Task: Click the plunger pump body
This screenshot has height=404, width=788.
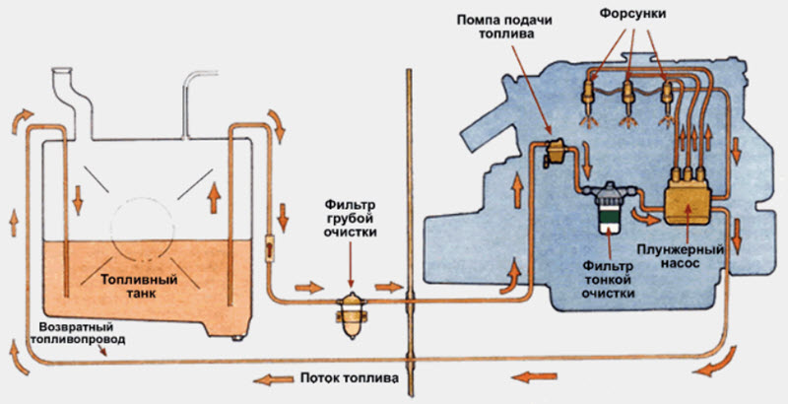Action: click(690, 198)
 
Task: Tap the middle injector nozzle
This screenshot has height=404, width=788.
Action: click(630, 101)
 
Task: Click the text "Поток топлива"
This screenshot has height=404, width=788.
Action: click(351, 378)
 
